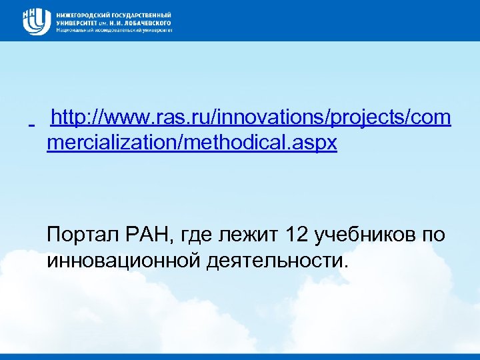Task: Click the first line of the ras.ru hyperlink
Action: tap(251, 119)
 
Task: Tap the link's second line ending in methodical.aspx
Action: tap(192, 143)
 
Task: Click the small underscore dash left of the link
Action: tap(32, 125)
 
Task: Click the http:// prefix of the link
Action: tap(75, 119)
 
